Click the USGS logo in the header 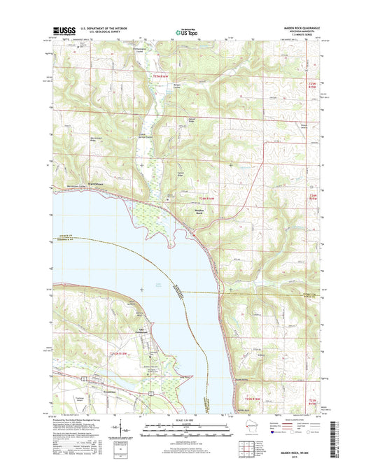coord(62,31)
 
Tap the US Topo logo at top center coord(186,31)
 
